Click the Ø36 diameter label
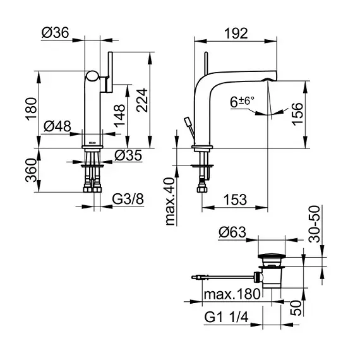coord(56,33)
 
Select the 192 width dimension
coord(236,33)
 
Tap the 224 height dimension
coord(142,100)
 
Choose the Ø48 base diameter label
coord(57,126)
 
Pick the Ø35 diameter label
coord(128,155)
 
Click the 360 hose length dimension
coord(31,171)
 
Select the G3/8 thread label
coord(128,199)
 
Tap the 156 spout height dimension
coord(297,114)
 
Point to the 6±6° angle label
coord(243,102)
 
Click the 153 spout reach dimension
coord(236,200)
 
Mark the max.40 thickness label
coord(170,201)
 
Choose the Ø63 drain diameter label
coord(232,232)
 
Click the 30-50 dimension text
coord(315,224)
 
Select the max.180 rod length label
coord(232,294)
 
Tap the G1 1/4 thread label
coord(226,318)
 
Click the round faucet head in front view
coord(92,76)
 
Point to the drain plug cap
coord(272,256)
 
